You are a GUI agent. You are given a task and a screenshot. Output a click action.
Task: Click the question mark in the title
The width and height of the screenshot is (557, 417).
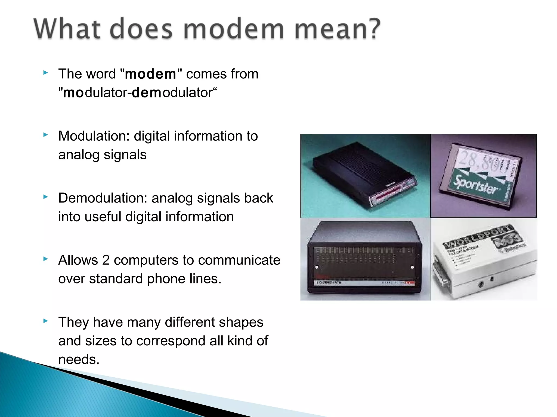tap(372, 28)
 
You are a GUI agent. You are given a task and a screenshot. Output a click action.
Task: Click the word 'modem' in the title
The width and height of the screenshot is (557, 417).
tap(234, 29)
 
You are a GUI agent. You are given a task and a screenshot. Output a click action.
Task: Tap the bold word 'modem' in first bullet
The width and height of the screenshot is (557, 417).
tap(150, 74)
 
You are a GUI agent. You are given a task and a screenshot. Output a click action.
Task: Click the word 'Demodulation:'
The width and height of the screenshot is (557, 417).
tap(103, 198)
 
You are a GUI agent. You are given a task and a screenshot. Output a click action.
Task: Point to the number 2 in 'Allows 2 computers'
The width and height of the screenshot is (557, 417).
tap(106, 260)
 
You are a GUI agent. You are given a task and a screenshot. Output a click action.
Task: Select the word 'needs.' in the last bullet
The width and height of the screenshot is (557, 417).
tap(79, 359)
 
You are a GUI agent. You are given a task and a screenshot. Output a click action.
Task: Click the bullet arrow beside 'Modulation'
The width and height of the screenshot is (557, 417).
tap(46, 135)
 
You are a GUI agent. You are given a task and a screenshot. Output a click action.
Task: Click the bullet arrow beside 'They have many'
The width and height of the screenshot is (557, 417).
tap(46, 321)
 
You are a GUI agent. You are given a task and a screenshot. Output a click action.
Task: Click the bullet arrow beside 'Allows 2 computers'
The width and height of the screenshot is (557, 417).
tap(46, 259)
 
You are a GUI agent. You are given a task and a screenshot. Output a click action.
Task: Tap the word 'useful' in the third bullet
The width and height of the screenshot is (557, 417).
tap(103, 217)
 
